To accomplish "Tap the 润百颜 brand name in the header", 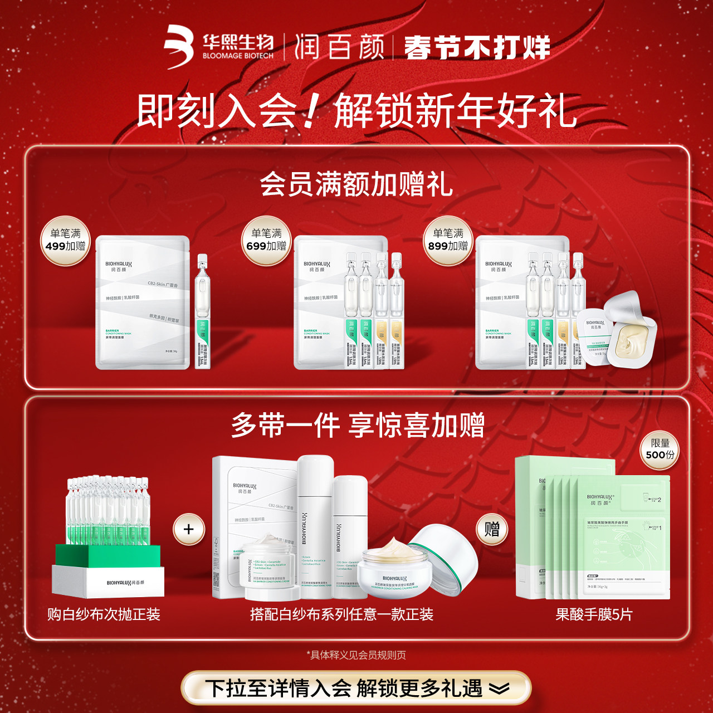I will point(339,47).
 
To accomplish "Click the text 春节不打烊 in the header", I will point(477,47).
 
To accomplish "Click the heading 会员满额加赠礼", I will point(356,184).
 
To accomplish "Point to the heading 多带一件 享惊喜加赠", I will point(358,426).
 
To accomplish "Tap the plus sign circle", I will point(189,529).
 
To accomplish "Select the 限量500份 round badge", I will point(660,450).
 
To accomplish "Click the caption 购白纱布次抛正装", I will point(104,614).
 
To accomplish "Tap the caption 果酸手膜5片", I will point(594,614).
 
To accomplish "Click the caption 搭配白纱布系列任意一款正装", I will point(341,614).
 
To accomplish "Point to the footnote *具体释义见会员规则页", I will point(356,655).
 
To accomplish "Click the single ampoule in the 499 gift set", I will point(203,312).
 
